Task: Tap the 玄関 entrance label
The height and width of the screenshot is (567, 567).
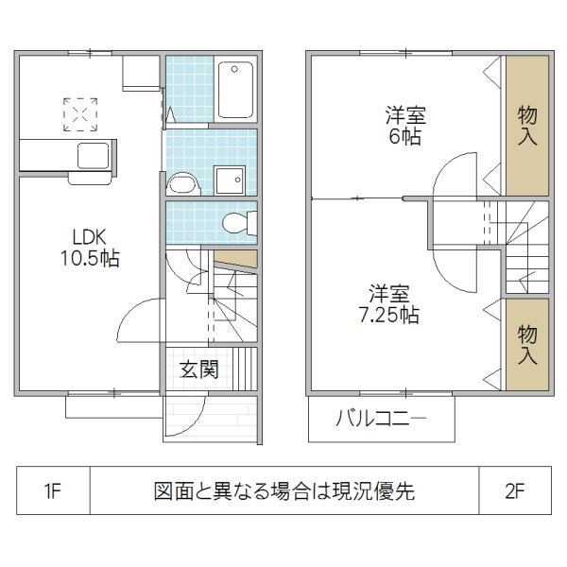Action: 198,369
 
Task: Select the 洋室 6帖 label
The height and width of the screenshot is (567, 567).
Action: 404,126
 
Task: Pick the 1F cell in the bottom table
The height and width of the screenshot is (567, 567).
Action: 52,492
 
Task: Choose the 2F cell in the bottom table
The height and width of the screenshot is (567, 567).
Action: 514,492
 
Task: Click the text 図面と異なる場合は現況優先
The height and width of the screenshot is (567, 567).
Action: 283,492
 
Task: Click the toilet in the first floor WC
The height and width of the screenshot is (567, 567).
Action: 235,223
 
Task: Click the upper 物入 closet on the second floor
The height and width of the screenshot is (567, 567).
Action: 527,125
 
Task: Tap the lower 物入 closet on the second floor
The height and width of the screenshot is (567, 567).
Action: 527,343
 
